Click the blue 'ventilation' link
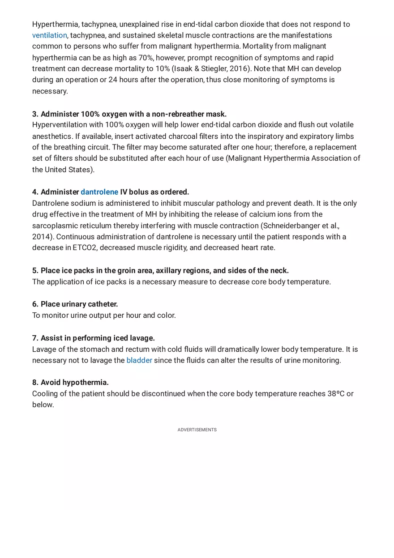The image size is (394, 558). click(x=49, y=35)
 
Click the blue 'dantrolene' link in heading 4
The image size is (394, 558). click(x=99, y=192)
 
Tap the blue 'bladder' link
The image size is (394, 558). click(x=139, y=360)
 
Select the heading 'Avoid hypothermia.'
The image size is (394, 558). click(x=74, y=383)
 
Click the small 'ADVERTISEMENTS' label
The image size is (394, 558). click(x=197, y=430)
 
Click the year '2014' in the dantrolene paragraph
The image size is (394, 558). click(x=42, y=237)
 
